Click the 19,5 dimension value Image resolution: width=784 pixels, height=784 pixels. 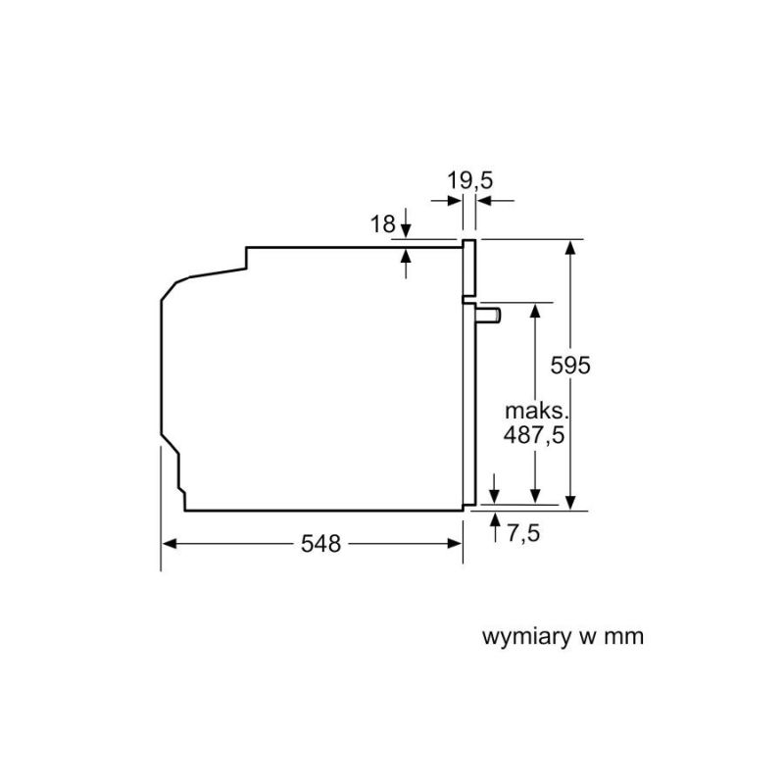469,180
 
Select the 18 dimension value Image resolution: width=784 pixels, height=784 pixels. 382,224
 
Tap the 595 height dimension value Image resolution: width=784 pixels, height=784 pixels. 570,365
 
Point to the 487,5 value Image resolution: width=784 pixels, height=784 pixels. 533,435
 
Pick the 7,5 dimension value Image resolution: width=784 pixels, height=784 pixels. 523,532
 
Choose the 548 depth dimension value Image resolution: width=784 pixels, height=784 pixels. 320,543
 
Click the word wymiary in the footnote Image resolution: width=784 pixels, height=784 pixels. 527,638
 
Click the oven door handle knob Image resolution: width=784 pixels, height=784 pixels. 488,316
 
